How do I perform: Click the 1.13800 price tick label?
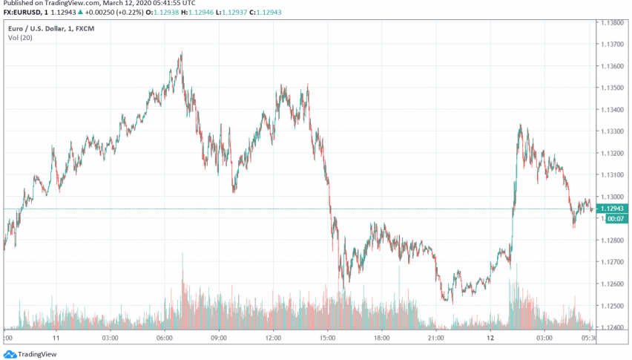[615, 23]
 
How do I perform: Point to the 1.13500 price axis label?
[615, 88]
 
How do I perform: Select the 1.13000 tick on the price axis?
[615, 197]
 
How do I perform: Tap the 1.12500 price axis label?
[615, 305]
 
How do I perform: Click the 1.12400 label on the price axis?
[615, 327]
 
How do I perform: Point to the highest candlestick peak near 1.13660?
[180, 53]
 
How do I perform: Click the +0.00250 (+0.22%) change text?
[112, 11]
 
